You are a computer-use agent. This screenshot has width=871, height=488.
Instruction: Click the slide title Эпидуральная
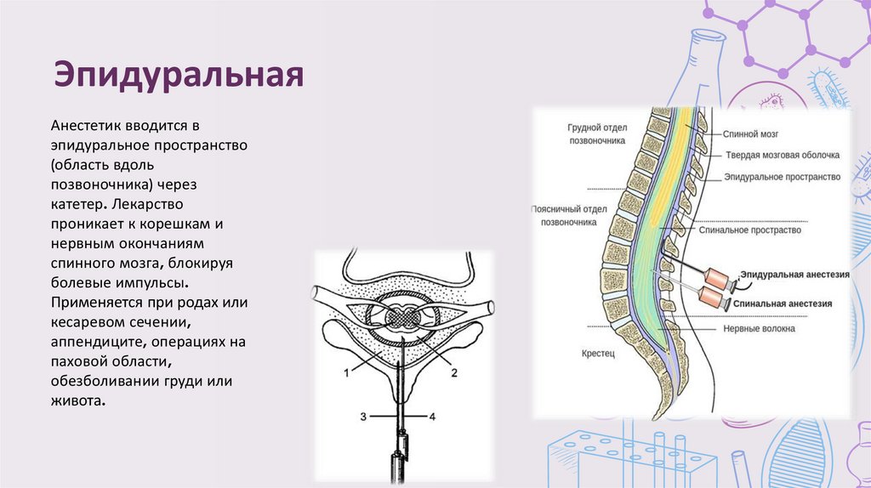click(x=179, y=75)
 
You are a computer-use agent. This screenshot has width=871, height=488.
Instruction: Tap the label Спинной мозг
click(x=751, y=134)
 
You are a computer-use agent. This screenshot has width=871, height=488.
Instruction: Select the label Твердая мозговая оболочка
click(x=782, y=156)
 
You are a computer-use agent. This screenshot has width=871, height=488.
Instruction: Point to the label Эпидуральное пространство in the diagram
click(x=782, y=177)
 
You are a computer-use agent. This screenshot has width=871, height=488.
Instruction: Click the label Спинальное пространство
click(x=748, y=230)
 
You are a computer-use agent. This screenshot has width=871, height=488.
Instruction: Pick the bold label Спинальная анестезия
click(x=785, y=302)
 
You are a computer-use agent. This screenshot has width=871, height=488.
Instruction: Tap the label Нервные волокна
click(x=760, y=327)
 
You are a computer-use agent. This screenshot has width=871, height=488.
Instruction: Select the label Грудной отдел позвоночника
click(x=597, y=134)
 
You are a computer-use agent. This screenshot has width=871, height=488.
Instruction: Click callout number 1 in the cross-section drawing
click(x=346, y=372)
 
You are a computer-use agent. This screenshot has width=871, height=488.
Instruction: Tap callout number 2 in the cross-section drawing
click(x=454, y=372)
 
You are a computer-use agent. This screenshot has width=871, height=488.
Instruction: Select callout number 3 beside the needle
click(x=363, y=417)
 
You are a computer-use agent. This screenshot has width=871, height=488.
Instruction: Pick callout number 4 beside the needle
click(x=432, y=417)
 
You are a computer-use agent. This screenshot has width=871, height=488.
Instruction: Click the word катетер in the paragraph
click(x=78, y=205)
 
